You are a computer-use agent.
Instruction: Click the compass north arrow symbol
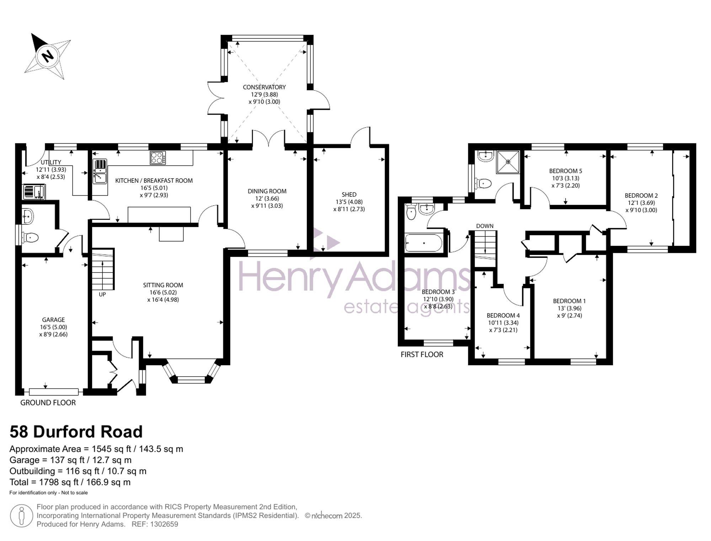48,56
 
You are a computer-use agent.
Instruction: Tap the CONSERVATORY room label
264,87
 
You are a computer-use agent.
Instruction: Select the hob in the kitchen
158,158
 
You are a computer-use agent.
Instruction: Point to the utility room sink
34,192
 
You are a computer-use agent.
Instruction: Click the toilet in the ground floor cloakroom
30,237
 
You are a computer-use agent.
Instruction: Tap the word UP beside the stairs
102,295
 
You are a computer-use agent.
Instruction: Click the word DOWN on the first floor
485,226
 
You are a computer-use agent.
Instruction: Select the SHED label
349,195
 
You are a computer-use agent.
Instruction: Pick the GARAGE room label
53,320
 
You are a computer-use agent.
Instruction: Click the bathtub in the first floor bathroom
423,243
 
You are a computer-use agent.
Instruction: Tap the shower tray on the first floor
508,162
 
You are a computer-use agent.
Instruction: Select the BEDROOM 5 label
566,171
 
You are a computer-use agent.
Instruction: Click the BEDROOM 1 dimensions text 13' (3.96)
570,308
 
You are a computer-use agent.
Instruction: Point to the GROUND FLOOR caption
48,403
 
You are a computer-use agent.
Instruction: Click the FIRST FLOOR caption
422,354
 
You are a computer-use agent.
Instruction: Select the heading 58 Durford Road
76,432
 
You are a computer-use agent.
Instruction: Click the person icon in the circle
22,516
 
